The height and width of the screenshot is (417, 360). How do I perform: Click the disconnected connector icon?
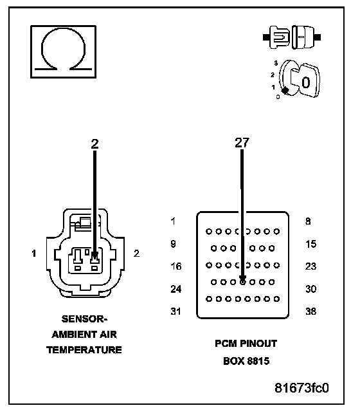pos(292,37)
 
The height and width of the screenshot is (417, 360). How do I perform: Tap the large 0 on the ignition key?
pos(306,82)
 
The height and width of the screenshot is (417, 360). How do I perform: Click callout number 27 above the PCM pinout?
pos(242,143)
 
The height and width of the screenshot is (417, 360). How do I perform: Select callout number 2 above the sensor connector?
pos(94,144)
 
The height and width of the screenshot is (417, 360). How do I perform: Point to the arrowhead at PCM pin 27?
pos(242,280)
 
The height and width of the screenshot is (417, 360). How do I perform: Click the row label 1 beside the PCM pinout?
pos(173,221)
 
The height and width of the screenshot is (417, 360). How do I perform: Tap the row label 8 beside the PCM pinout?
pos(308,221)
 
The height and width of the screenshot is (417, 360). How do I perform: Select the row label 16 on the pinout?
pos(176,266)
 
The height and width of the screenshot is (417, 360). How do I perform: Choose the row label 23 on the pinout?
pos(310,266)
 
